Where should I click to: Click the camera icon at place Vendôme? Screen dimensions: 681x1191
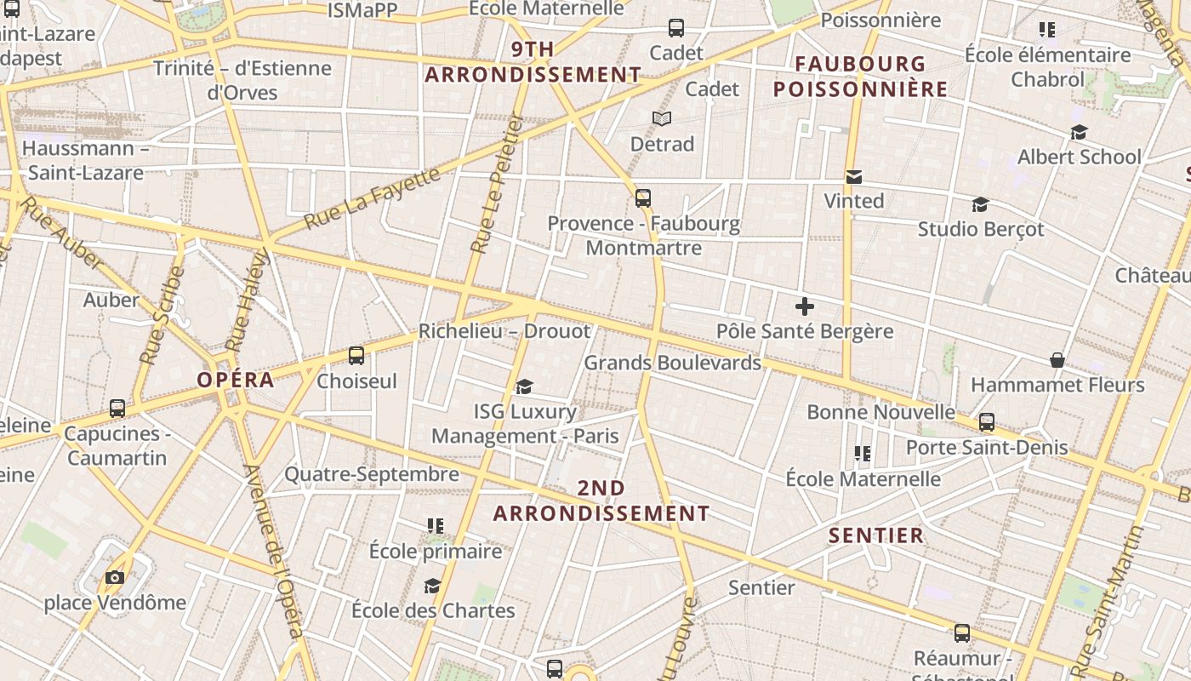[x=115, y=577]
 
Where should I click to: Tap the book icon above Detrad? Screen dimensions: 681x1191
[x=662, y=118]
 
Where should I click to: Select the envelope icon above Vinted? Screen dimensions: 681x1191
[x=854, y=176]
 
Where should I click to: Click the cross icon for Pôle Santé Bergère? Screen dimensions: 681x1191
[x=805, y=306]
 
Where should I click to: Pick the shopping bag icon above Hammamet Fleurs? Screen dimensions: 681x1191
[x=1057, y=360]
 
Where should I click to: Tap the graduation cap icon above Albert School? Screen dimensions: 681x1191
[x=1079, y=132]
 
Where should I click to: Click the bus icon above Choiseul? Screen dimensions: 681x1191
[x=356, y=356]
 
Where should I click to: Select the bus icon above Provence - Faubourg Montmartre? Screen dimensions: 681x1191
[x=643, y=198]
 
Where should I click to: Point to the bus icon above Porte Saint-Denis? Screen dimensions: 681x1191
[x=987, y=422]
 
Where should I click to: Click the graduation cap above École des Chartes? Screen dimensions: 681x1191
[x=432, y=586]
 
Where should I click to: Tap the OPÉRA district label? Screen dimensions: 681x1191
[x=236, y=380]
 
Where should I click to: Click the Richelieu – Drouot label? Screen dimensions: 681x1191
[x=504, y=331]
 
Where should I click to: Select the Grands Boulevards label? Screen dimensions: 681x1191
[x=672, y=363]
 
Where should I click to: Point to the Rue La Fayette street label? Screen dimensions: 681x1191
[x=373, y=198]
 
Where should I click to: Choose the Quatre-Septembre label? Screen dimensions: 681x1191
[x=372, y=474]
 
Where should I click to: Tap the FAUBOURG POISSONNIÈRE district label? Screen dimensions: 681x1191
[x=860, y=77]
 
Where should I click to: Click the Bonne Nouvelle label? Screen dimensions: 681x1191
[x=880, y=412]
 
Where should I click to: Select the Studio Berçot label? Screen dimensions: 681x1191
[x=981, y=229]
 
